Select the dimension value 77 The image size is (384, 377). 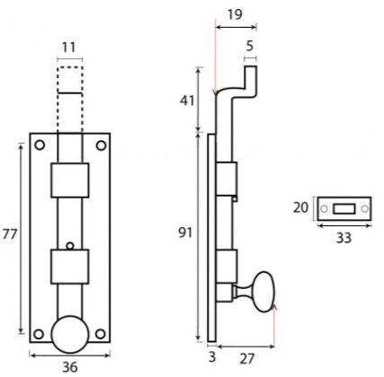[x=10, y=235]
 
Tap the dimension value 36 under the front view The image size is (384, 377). [x=69, y=366]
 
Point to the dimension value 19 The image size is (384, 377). [x=236, y=15]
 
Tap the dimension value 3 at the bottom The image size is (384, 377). [x=211, y=356]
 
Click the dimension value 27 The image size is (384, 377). [x=246, y=356]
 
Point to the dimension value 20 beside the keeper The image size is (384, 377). [x=301, y=207]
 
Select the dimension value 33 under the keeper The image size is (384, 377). [x=342, y=238]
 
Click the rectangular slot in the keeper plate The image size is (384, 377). [x=343, y=208]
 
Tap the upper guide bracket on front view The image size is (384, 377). [x=69, y=181]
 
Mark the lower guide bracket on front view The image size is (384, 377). [x=69, y=267]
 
